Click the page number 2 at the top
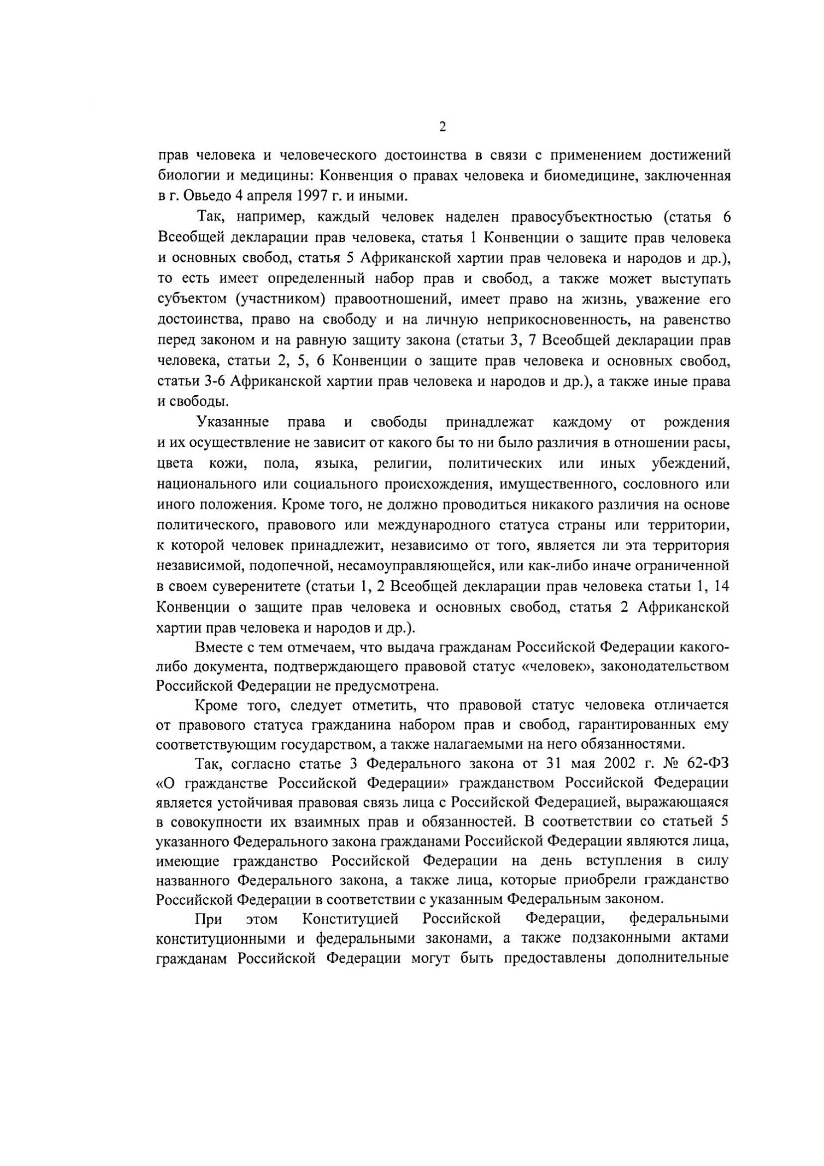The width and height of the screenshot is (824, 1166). (442, 127)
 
